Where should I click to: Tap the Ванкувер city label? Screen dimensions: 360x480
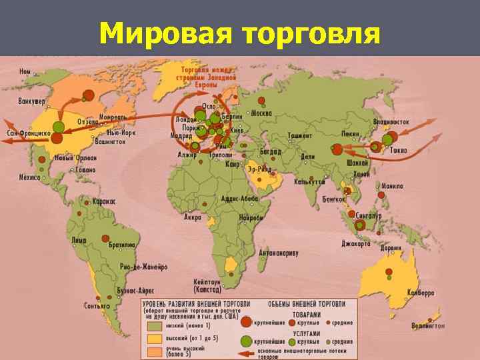[32, 102]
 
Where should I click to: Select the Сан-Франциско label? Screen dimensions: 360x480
[28, 133]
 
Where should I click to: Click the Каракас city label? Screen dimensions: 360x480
[104, 201]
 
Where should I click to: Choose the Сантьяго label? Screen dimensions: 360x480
[97, 306]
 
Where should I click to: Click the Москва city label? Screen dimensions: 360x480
[262, 111]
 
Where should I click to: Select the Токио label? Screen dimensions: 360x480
[399, 151]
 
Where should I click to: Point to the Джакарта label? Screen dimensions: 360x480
[355, 243]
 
